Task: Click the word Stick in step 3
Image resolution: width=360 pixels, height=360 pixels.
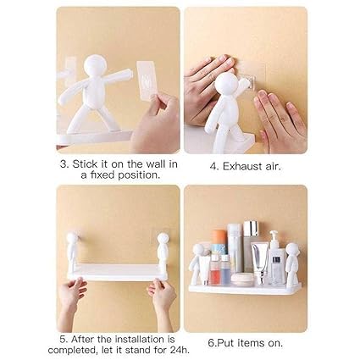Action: (85, 164)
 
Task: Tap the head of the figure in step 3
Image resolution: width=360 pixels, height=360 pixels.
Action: (95, 65)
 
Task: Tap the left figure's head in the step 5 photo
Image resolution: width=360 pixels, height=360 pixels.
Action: (73, 239)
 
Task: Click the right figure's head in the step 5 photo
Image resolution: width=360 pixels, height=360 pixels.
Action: (163, 239)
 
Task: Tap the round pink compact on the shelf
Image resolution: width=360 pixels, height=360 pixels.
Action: (241, 278)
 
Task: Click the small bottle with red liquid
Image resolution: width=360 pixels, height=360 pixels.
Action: (214, 269)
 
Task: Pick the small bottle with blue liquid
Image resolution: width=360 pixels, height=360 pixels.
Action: (224, 269)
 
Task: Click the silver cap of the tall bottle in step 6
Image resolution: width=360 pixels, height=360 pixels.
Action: (251, 229)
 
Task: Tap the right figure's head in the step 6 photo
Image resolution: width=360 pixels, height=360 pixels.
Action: (291, 250)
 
